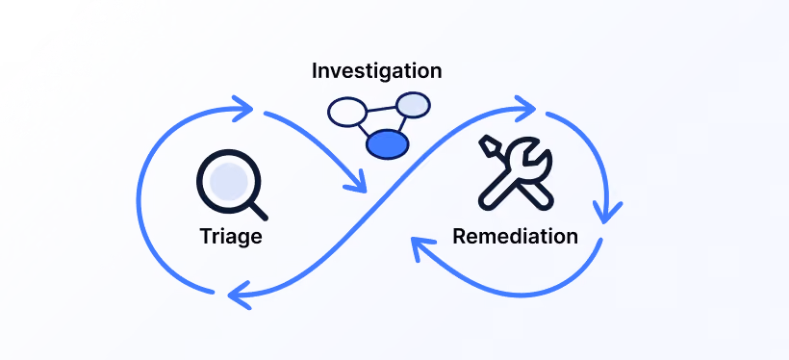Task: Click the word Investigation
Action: [377, 71]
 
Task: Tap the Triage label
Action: [231, 236]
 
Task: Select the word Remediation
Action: [516, 236]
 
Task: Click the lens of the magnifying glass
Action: [229, 182]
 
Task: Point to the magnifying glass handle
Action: [258, 211]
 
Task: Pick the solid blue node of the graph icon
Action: [388, 144]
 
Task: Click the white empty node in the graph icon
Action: [347, 112]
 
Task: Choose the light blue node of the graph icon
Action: [413, 105]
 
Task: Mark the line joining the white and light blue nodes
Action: [382, 108]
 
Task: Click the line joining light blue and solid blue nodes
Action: [402, 124]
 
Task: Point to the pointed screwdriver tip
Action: [487, 144]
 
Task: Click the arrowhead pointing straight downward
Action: [606, 212]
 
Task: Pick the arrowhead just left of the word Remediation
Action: [419, 246]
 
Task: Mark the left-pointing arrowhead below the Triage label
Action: [237, 296]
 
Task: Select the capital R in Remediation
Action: [461, 236]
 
